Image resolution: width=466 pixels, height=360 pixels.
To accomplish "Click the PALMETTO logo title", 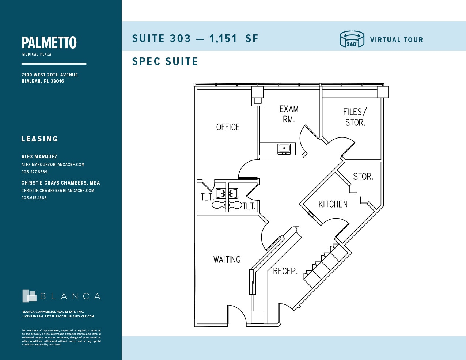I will [49, 43].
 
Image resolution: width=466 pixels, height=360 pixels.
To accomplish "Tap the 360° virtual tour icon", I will [352, 39].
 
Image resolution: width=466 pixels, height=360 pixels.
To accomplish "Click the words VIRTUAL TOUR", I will [396, 40].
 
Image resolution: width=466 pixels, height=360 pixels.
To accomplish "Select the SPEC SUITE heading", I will [165, 61].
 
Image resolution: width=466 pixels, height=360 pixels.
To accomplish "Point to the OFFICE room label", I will [228, 127].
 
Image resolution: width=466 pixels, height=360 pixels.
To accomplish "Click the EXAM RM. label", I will [289, 114].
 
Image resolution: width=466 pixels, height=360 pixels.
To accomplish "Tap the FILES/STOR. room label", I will [355, 117].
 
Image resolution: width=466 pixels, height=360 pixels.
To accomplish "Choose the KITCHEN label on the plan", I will [333, 204].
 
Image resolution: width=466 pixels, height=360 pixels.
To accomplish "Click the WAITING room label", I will [227, 259].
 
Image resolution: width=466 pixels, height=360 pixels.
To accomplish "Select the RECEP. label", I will [285, 271].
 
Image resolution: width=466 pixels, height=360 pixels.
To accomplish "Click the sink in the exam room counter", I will [284, 148].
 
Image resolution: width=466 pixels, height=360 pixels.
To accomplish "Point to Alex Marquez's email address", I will [53, 164].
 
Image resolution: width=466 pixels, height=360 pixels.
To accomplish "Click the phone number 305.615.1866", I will [34, 198].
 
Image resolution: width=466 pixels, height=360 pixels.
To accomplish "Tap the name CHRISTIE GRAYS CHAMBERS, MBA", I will [60, 183].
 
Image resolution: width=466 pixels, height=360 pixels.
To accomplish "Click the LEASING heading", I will [39, 139].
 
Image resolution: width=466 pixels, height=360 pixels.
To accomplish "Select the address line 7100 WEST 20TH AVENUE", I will [49, 75].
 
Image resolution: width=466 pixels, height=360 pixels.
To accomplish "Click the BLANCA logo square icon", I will [29, 296].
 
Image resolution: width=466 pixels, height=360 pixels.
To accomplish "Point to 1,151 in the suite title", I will [223, 38].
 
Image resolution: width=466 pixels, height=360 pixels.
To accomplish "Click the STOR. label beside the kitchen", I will [363, 177].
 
